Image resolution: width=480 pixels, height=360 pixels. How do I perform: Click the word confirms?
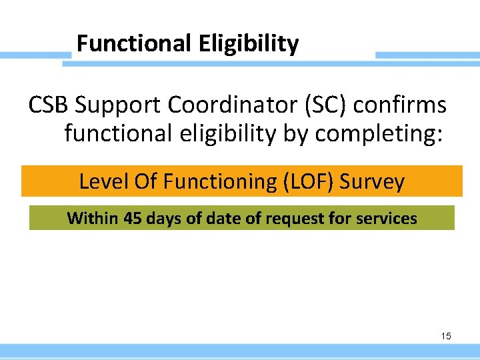(403, 105)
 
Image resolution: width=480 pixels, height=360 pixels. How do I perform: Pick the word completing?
(379, 133)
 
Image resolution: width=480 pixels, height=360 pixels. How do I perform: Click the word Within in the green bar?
(93, 218)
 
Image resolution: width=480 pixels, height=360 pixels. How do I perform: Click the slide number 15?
(446, 336)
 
